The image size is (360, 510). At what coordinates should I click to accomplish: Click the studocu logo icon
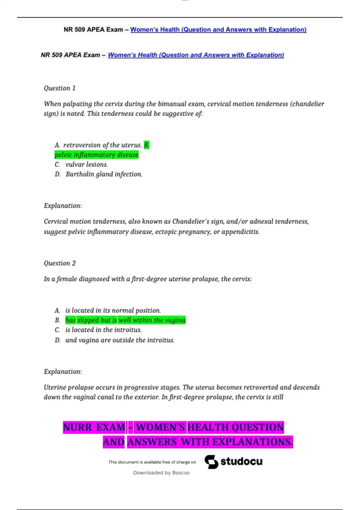click(211, 462)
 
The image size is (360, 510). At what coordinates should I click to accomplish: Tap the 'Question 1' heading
click(59, 88)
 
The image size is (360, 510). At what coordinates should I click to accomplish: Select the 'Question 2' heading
click(60, 263)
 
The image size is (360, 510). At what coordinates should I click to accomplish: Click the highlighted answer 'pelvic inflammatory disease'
click(97, 155)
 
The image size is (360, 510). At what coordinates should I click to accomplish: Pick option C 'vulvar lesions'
click(86, 164)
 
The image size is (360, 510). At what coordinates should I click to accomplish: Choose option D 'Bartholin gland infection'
click(104, 174)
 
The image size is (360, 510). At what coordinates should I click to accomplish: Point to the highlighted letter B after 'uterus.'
click(146, 145)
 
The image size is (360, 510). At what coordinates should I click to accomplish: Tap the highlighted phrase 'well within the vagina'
click(152, 320)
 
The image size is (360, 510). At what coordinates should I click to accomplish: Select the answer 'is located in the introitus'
click(103, 330)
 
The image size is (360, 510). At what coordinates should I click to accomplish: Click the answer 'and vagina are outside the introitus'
click(120, 340)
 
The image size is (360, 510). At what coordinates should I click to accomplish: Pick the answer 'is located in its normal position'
click(113, 310)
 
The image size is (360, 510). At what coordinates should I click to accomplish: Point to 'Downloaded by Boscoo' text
click(161, 473)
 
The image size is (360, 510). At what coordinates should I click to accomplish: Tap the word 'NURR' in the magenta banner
click(77, 427)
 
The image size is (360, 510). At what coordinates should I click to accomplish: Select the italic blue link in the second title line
click(196, 55)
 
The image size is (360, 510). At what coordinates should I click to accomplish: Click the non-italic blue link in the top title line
click(218, 29)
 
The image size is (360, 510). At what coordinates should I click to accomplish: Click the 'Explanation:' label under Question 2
click(63, 372)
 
